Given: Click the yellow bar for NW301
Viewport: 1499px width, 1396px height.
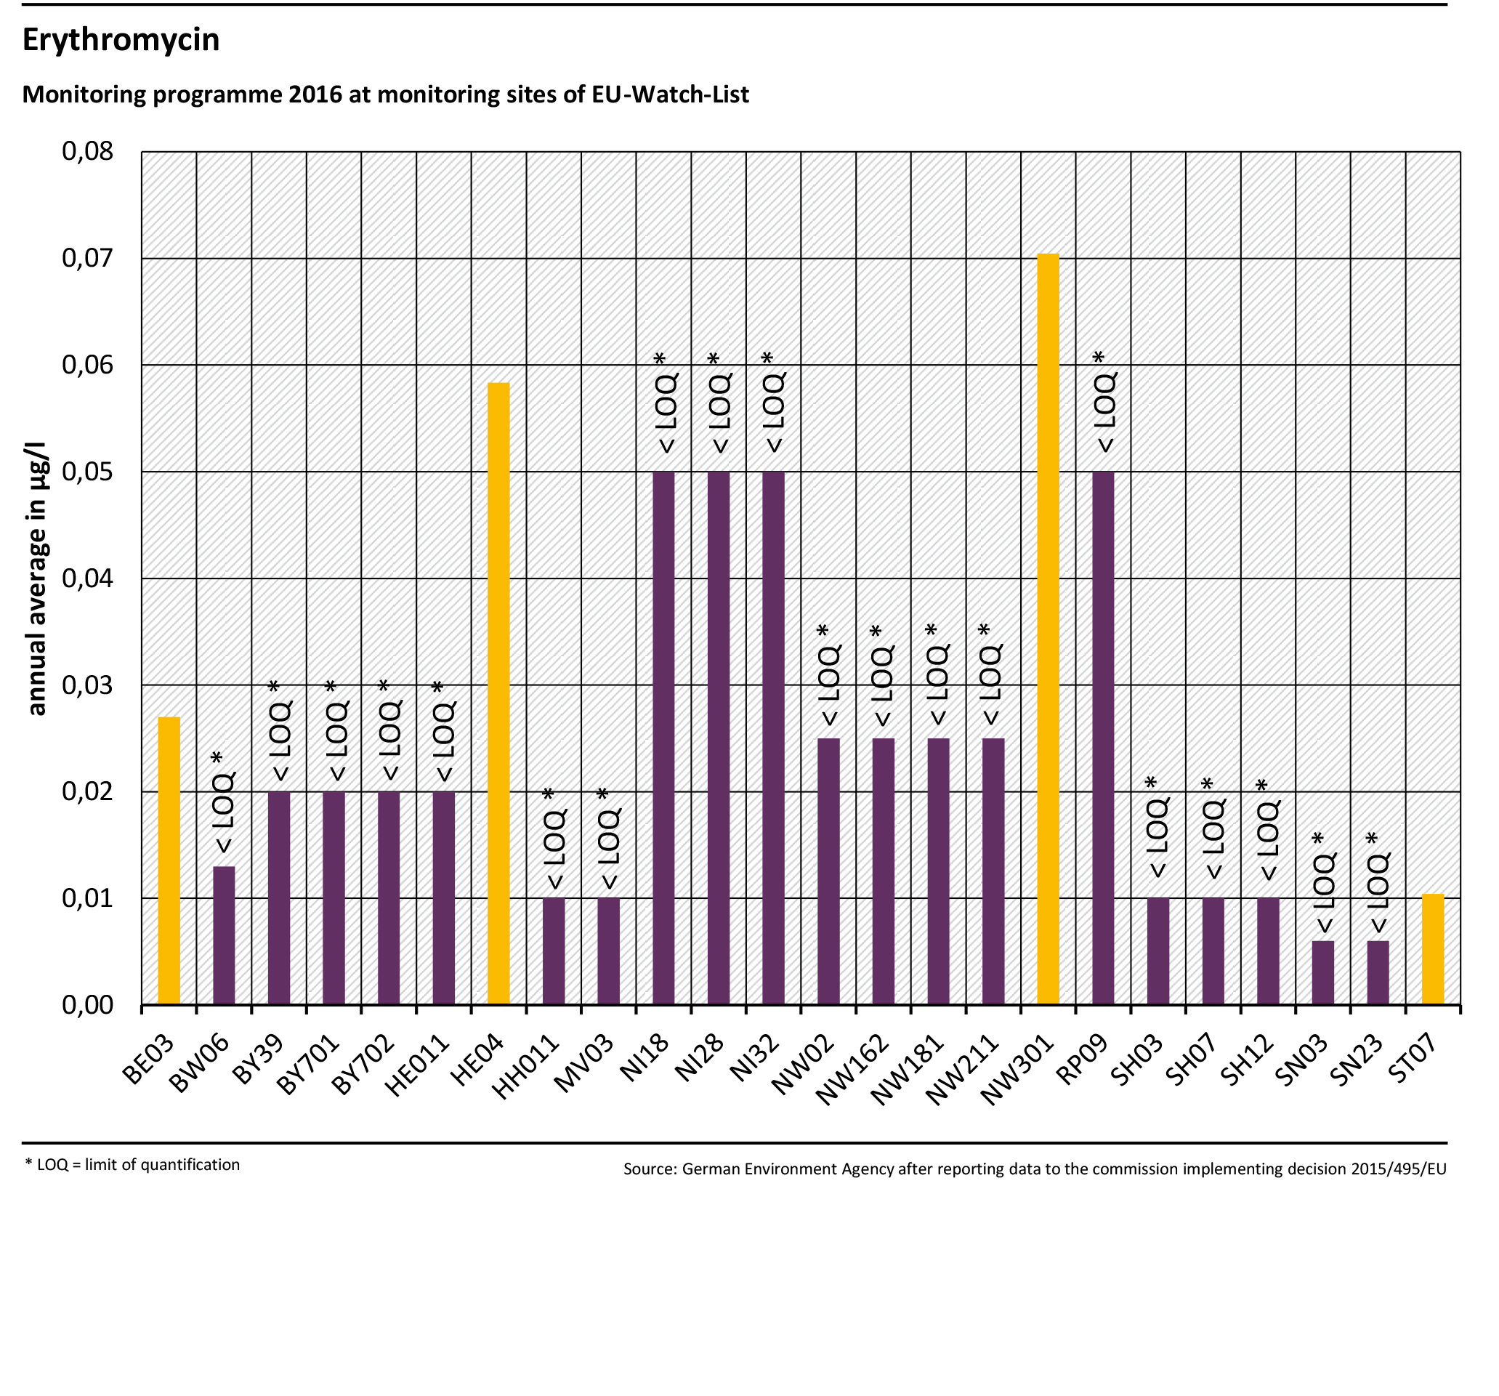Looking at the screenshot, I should [x=1048, y=629].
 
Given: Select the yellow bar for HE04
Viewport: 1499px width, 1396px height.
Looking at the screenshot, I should [x=498, y=694].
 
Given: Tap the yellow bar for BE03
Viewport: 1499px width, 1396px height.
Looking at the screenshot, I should [x=169, y=860].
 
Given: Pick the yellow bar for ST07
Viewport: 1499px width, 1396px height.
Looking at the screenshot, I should [x=1433, y=950].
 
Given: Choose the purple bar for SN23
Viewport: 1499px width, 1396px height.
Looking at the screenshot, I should [x=1378, y=973].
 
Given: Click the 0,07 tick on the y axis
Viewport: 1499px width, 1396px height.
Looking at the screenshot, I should [x=87, y=259].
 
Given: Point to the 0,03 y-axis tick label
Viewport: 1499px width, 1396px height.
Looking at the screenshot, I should [x=87, y=685].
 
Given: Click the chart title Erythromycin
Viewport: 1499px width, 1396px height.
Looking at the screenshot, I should [x=121, y=39].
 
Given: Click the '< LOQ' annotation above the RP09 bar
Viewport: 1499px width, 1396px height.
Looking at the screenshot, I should [x=1106, y=412].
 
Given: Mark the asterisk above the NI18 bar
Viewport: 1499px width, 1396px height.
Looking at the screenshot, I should [x=660, y=358].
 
